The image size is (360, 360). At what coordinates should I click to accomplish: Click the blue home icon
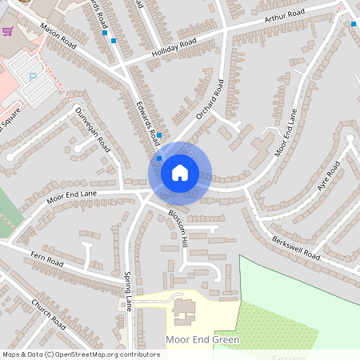[x=180, y=172]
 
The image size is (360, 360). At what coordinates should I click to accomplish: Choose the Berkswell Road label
[x=295, y=249]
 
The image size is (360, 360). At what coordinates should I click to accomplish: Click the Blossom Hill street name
[x=178, y=227]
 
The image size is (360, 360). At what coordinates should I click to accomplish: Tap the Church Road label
[x=47, y=313]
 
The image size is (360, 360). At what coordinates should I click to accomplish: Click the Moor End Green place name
[x=202, y=340]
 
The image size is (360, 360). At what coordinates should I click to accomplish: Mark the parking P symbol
[x=33, y=78]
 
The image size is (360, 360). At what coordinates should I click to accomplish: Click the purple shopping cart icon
[x=8, y=31]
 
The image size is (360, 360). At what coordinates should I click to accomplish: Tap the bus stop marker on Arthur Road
[x=354, y=24]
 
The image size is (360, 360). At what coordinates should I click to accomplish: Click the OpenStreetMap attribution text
[x=81, y=354]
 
